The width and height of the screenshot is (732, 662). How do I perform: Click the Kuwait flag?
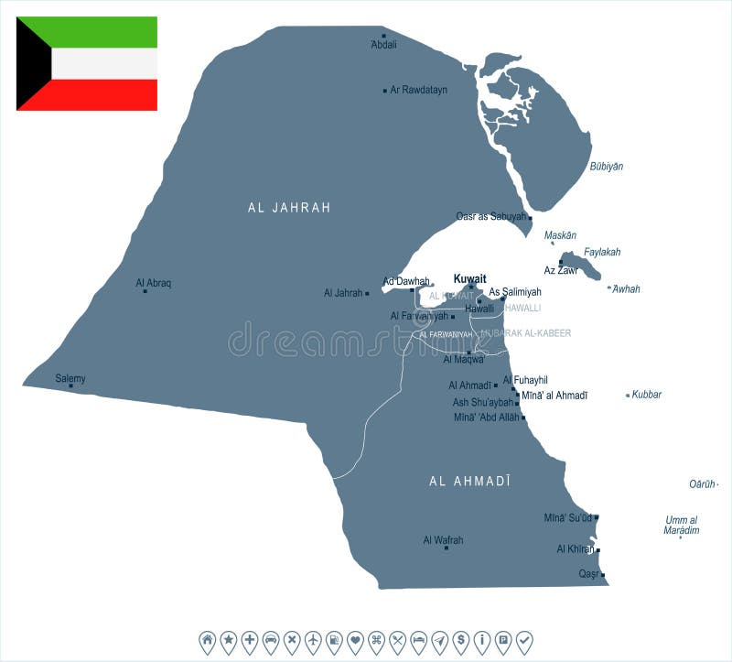coord(87,63)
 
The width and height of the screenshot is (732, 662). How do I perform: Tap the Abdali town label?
coord(384,44)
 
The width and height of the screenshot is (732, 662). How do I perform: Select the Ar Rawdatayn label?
coord(418,90)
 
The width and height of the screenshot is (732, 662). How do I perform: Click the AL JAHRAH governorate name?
coord(289,208)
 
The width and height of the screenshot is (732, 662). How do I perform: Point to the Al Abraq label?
coord(153,283)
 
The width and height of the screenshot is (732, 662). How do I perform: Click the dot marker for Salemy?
coord(70,385)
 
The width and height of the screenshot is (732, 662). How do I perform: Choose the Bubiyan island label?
coord(606,167)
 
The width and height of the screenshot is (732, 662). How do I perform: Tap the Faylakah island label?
coord(602,252)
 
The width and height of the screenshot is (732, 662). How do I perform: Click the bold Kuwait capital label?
coord(470,278)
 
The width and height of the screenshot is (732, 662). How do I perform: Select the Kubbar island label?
coord(647,395)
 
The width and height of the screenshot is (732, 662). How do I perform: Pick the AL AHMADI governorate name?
coord(469,481)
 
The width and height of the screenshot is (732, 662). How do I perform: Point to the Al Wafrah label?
coord(443,540)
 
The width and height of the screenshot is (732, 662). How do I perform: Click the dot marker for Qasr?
coord(603,574)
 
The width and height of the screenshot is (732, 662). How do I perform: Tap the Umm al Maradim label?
coord(682,525)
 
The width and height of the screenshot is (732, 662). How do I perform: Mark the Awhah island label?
coord(626,289)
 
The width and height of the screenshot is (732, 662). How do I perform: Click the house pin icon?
coord(207,640)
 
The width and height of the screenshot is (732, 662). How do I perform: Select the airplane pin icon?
coord(313,640)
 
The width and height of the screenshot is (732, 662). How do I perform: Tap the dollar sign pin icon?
coord(461,640)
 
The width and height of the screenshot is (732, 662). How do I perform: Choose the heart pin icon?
coord(355,640)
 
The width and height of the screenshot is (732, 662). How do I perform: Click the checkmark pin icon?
coord(524,640)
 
